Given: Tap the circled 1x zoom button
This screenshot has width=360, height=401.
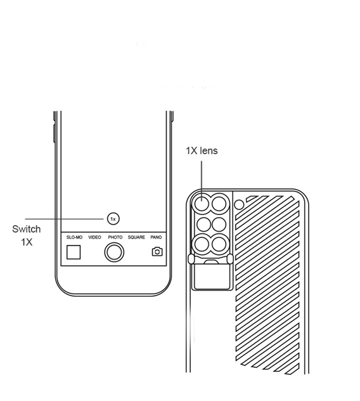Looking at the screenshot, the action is point(113,219).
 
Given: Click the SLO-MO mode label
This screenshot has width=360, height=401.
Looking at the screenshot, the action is point(74,237).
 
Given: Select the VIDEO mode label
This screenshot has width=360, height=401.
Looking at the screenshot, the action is point(95,237).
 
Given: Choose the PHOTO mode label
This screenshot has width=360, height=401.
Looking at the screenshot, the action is point(115,237).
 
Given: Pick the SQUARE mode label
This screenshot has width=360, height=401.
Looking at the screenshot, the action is point(136,237).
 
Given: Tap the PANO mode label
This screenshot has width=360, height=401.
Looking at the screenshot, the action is point(156,237).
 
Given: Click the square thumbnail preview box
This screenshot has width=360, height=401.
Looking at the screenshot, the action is point(74,252).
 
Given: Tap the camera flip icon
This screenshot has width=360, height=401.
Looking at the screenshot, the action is point(157,252).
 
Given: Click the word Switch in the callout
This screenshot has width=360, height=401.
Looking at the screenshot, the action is point(27,229).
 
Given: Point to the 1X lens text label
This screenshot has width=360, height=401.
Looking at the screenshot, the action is point(202,150).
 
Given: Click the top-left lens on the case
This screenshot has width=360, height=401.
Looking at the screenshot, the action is point(202,204).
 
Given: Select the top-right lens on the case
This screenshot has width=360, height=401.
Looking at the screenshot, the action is point(219,204).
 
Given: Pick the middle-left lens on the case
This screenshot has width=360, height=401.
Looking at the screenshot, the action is point(203,225).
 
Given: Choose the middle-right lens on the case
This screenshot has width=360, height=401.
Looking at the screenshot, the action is point(219,225).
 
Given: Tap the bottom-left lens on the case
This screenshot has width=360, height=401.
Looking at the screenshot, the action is point(202,244).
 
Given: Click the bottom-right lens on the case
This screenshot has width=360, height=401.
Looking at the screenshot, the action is point(219,244).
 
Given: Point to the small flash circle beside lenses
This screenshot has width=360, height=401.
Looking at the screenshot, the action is point(239,204).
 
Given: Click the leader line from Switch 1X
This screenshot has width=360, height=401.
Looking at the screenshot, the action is point(65,219).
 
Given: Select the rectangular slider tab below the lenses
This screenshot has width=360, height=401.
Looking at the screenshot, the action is point(212,277).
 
